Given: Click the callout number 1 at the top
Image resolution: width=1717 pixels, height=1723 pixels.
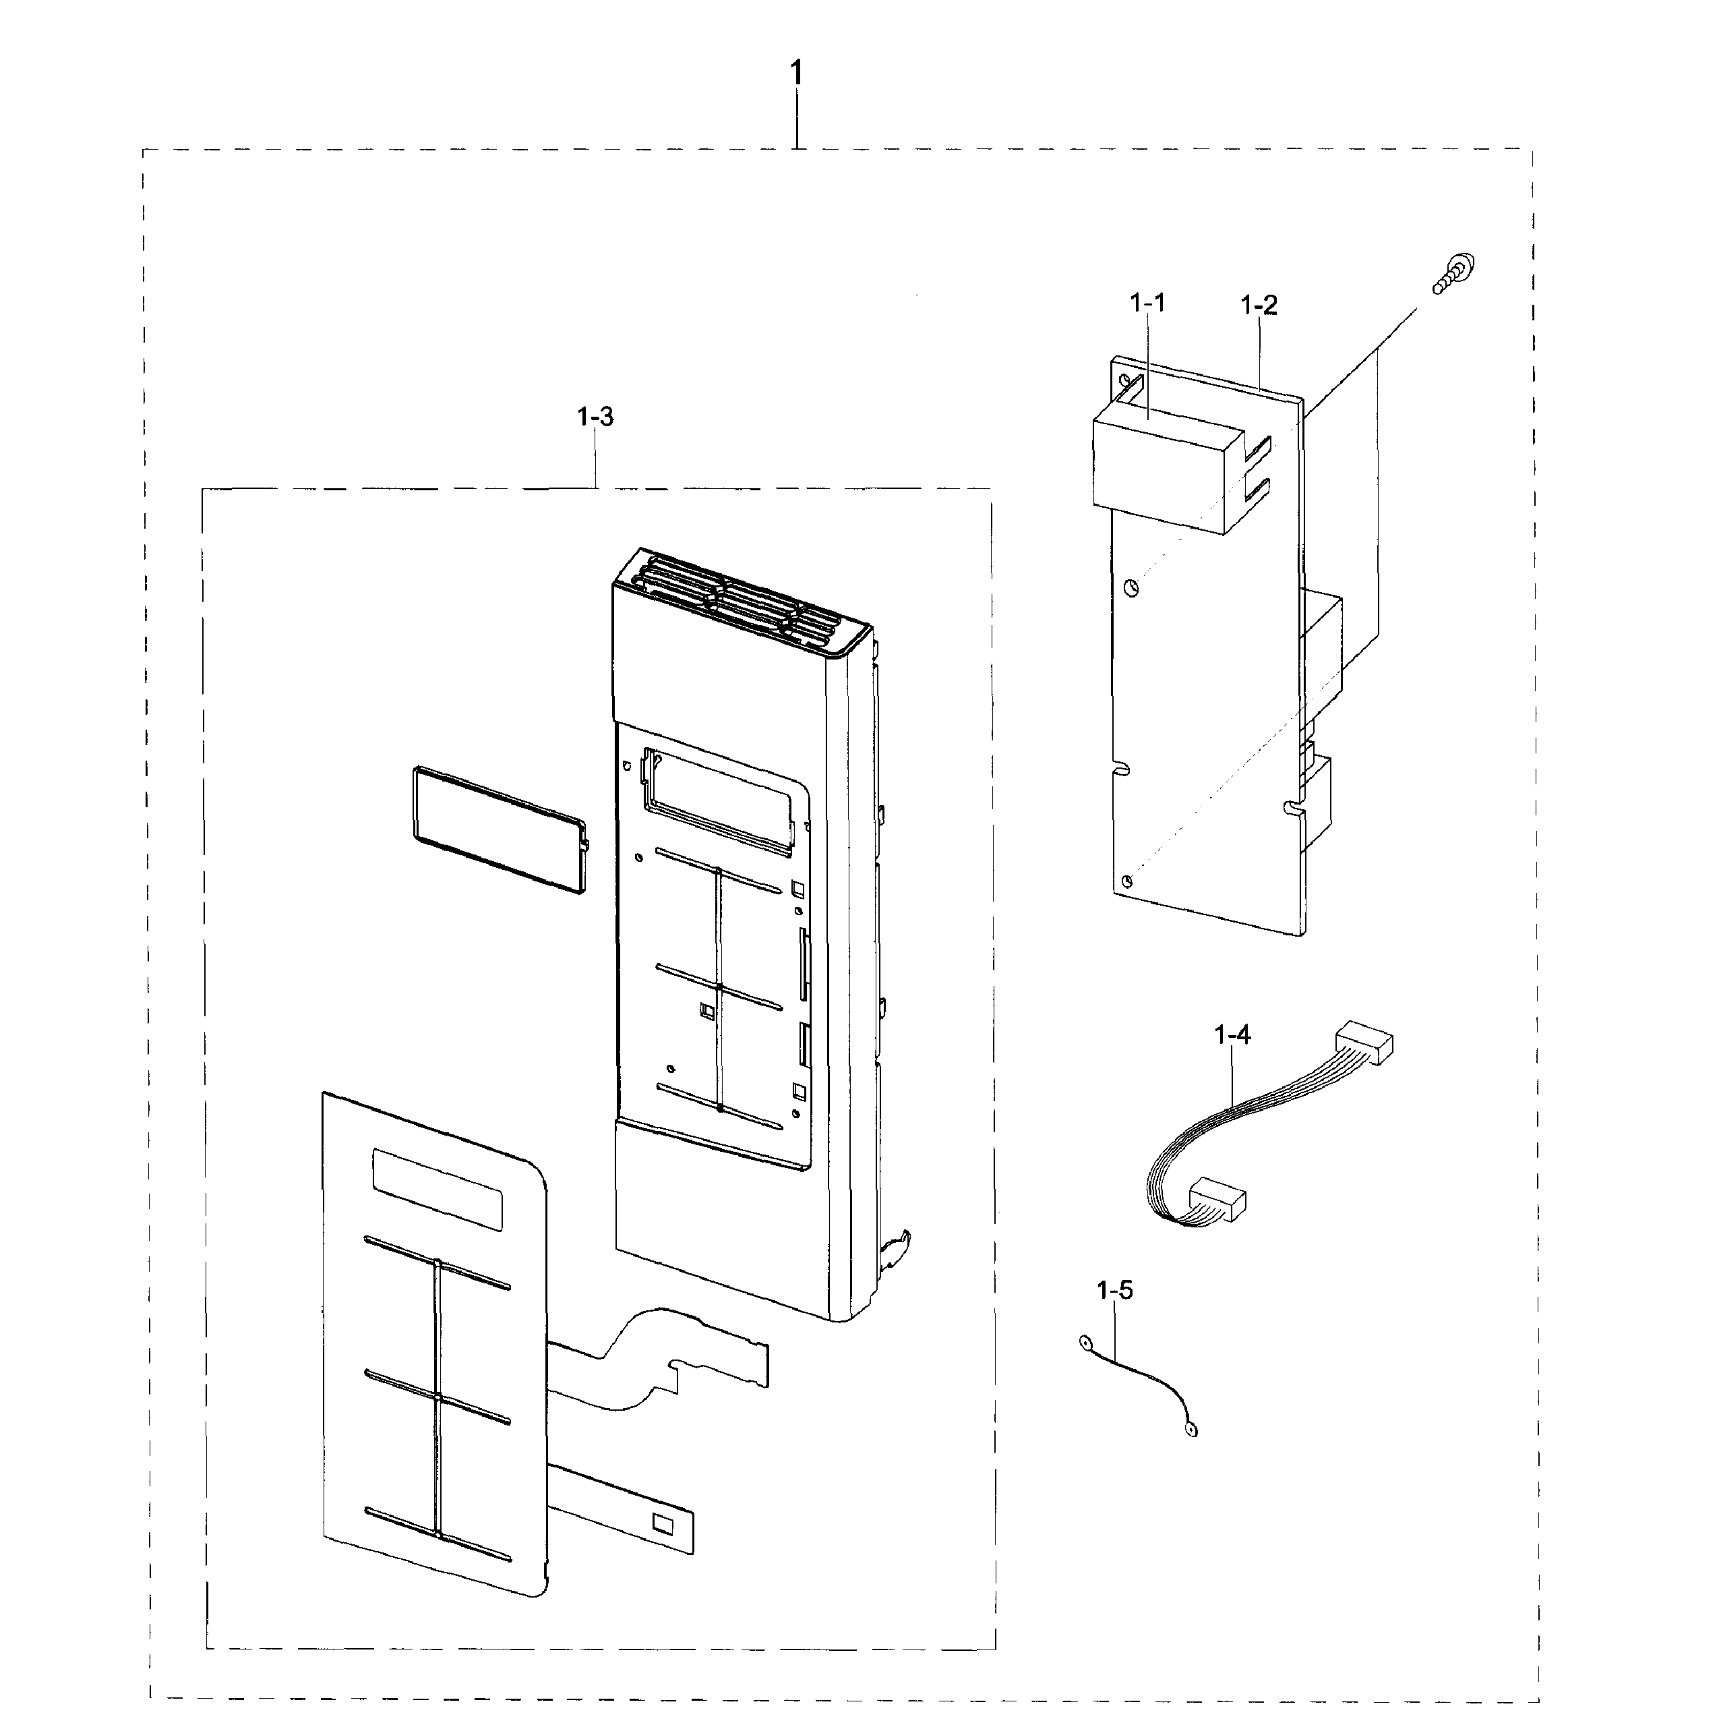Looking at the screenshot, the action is (797, 73).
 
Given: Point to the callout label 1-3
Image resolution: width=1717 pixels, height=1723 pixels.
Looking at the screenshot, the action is (595, 417).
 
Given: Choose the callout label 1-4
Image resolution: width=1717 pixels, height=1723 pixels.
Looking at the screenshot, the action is (1232, 1034).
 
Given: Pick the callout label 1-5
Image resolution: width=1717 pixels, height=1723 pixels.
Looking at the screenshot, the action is (1114, 1289).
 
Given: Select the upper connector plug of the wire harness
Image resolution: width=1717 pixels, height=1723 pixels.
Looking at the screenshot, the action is (1363, 1043).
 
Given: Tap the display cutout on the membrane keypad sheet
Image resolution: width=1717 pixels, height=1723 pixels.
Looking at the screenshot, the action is (437, 1189).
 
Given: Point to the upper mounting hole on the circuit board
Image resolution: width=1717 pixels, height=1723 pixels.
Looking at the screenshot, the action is (1131, 587).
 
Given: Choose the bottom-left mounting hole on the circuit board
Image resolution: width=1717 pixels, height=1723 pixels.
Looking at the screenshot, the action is (1128, 881).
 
